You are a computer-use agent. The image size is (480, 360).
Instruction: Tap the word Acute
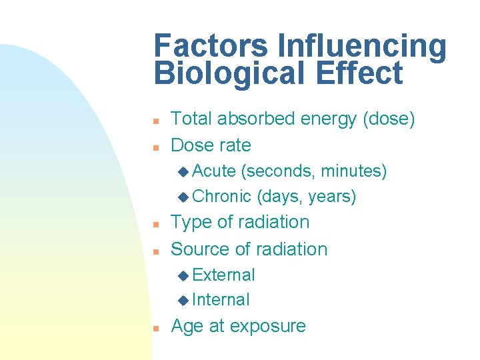pos(213,171)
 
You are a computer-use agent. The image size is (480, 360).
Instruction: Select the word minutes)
pos(353,172)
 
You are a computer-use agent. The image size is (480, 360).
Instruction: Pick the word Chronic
pos(221,197)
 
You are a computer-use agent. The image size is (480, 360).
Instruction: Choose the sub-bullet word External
pos(223,275)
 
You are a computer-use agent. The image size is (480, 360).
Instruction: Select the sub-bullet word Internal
pos(221,300)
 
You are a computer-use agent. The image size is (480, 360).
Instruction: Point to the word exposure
pos(269,327)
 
